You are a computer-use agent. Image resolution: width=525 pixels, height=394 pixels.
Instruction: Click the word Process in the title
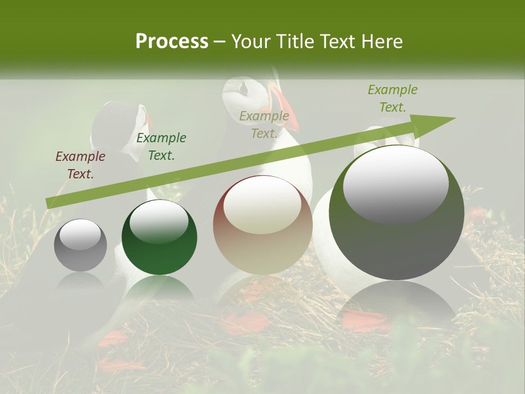tap(172, 42)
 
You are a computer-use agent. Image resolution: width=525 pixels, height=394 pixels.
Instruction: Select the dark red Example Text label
tap(80, 165)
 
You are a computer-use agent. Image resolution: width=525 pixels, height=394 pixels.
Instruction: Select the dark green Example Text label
tap(161, 147)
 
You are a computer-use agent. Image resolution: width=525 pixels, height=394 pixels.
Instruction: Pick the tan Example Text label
tap(264, 125)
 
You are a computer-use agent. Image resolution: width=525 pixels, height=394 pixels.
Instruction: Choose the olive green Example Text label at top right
tap(392, 99)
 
